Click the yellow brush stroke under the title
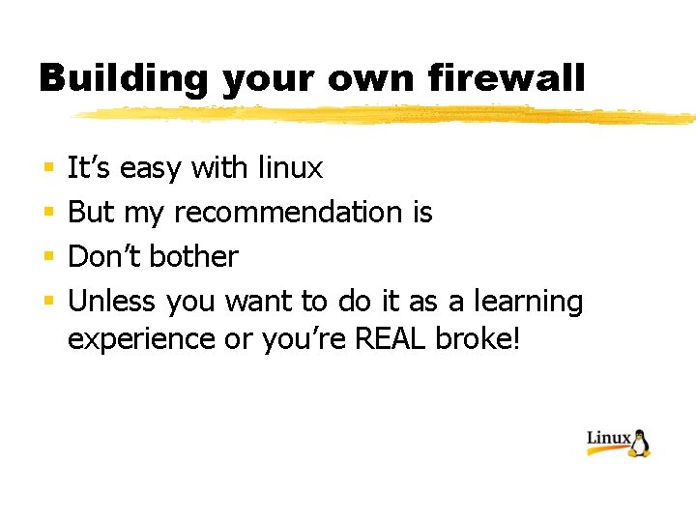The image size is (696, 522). (387, 115)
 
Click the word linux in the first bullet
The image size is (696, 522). (290, 168)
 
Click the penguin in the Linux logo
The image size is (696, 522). (640, 443)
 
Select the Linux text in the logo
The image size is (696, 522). (609, 439)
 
